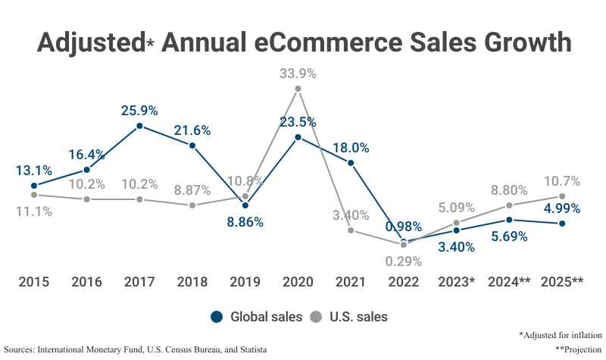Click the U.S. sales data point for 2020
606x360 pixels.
pyautogui.click(x=298, y=89)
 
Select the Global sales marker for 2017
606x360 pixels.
pyautogui.click(x=139, y=126)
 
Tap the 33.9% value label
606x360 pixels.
pyautogui.click(x=298, y=74)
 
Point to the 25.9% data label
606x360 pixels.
pyautogui.click(x=139, y=111)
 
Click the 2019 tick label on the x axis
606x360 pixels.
pyautogui.click(x=245, y=282)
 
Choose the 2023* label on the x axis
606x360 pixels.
pyautogui.click(x=457, y=282)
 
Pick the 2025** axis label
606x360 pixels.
pyautogui.click(x=562, y=282)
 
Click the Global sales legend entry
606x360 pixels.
pyautogui.click(x=257, y=317)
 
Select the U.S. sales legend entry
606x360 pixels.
pyautogui.click(x=350, y=317)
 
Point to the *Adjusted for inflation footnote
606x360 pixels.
pyautogui.click(x=560, y=334)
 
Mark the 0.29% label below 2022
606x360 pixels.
pyautogui.click(x=404, y=261)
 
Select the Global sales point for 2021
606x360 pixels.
pyautogui.click(x=351, y=163)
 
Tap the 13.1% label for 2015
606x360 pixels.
pyautogui.click(x=33, y=169)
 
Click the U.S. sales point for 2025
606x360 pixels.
pyautogui.click(x=562, y=196)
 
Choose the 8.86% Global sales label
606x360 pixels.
pyautogui.click(x=245, y=222)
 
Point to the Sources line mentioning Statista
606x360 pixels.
pyautogui.click(x=136, y=349)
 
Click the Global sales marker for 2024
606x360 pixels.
pyautogui.click(x=510, y=220)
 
